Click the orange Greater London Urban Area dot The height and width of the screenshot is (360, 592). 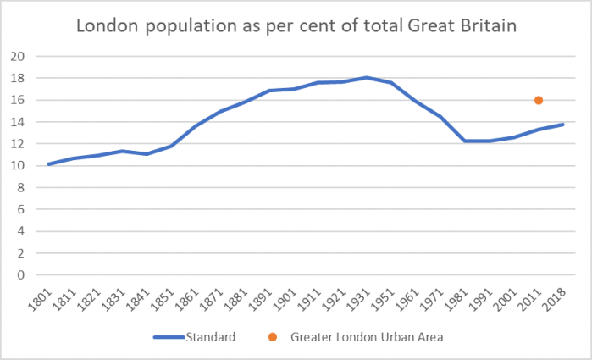tap(539, 100)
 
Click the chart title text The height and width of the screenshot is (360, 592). tap(296, 26)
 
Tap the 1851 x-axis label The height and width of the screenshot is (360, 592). tap(167, 298)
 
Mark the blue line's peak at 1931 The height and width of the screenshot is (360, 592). tap(366, 78)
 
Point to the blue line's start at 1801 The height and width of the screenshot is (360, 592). tap(48, 164)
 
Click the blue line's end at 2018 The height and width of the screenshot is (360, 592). tap(563, 125)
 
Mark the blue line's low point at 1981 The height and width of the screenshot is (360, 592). tap(464, 141)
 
